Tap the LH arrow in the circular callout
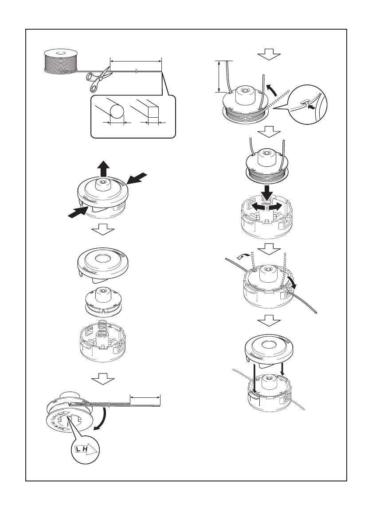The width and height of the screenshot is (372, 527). coord(86,451)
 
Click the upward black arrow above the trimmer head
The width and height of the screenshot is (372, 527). coord(103,168)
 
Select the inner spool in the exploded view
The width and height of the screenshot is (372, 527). coord(103,302)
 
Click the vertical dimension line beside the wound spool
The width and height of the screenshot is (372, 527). coord(219,76)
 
